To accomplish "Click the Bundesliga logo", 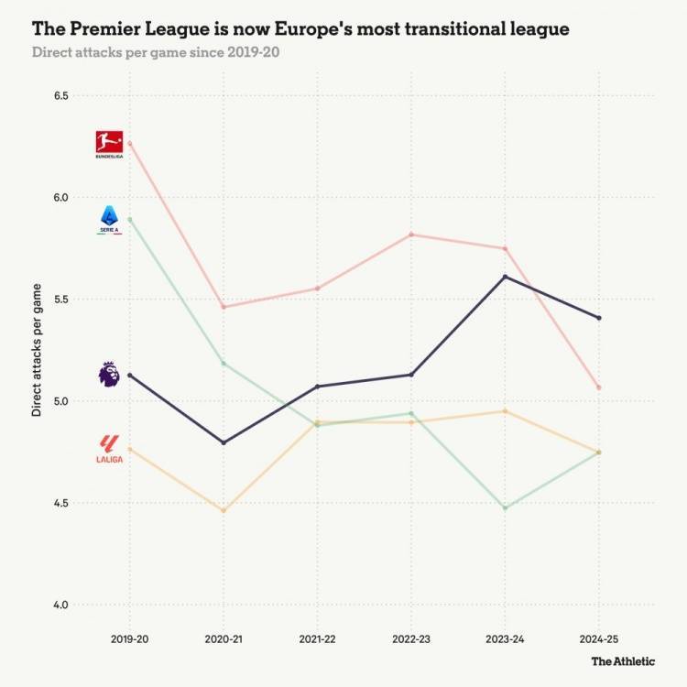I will pos(109,144).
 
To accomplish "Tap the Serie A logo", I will pos(109,220).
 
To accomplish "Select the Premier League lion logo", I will pos(109,373).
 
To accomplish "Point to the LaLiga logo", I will pos(109,448).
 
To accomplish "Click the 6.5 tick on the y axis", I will pos(62,95).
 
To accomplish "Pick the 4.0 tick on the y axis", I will pos(62,605).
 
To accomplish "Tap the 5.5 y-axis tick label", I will pos(62,300).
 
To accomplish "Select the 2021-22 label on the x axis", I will pos(317,637).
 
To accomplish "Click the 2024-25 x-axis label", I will pos(598,637).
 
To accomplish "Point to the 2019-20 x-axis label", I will pos(129,637).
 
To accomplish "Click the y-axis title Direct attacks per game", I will pos(37,350).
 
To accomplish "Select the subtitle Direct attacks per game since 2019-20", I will pos(156,51).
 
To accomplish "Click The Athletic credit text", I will pos(622,660).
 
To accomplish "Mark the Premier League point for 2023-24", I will pos(505,277).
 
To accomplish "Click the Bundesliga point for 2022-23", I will pos(410,234).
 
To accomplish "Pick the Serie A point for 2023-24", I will pos(505,507).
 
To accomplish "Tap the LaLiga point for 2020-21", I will pos(224,510).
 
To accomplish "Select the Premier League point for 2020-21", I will pos(224,442).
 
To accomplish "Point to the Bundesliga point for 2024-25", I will pos(598,387).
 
